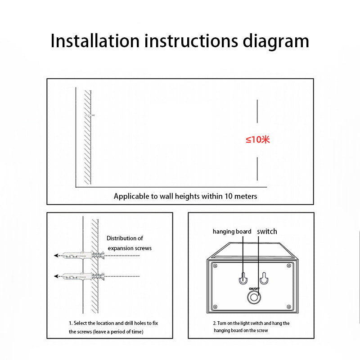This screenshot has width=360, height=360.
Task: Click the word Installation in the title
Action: tap(95, 41)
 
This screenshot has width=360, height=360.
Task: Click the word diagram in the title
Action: tap(276, 42)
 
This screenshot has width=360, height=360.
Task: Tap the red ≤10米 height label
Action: tap(257, 139)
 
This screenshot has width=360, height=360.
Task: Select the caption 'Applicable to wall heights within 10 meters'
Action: tap(185, 196)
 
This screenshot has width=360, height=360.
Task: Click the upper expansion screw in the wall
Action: tap(84, 255)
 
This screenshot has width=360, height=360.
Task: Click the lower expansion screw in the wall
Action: tap(84, 276)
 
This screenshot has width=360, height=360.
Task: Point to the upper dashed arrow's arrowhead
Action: tap(56, 255)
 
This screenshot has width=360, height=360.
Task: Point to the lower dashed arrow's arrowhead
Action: tap(56, 276)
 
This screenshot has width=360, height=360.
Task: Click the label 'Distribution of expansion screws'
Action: tap(129, 243)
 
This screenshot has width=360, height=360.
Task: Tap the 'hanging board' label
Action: tap(232, 232)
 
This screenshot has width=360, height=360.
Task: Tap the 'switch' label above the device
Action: tap(267, 231)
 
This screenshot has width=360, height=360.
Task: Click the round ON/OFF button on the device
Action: tap(254, 297)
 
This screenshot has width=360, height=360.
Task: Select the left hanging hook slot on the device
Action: tap(243, 278)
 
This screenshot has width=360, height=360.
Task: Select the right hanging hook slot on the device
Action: tap(264, 278)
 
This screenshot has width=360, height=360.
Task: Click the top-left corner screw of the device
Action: tap(215, 266)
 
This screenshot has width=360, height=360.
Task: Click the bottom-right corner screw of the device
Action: tap(289, 307)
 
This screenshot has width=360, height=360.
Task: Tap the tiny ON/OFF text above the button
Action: tap(254, 289)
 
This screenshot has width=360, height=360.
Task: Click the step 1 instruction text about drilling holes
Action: tap(113, 328)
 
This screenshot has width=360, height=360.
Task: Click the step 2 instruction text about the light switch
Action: tap(251, 327)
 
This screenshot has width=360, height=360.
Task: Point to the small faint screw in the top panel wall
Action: tap(90, 115)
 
